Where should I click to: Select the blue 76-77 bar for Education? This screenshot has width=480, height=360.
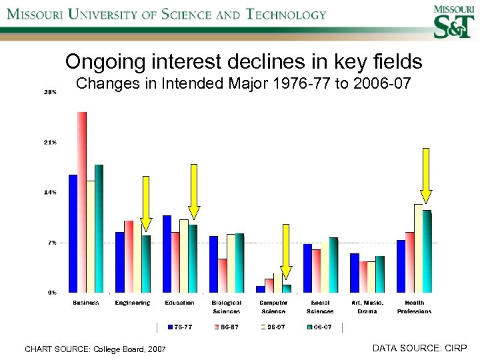coord(167,253)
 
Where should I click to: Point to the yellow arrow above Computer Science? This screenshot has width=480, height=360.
coord(286,250)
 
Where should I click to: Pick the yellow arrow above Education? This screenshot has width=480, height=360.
coord(194,191)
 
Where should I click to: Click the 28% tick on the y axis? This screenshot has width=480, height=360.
coord(50,93)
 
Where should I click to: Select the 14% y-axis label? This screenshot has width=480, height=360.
coord(50,192)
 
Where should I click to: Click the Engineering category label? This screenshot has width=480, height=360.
coord(133,303)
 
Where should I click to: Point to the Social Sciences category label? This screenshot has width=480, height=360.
coord(320,307)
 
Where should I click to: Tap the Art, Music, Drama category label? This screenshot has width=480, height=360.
coord(367,307)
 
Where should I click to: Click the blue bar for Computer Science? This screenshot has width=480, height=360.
coord(260,289)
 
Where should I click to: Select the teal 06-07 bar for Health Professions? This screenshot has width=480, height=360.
coord(427,251)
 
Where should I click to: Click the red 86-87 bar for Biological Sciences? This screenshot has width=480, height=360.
coord(222,275)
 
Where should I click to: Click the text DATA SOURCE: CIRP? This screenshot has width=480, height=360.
coord(419,348)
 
